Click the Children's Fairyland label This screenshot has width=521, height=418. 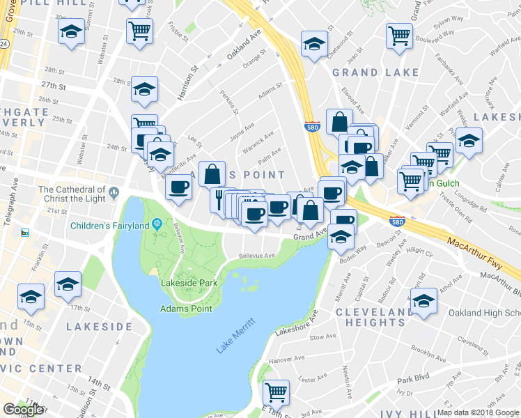110,225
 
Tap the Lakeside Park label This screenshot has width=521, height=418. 189,283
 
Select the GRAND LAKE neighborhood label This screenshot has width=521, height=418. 375,72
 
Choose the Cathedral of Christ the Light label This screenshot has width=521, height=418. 72,194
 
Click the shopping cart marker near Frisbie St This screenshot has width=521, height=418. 139,30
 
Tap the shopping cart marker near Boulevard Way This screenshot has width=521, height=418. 400,34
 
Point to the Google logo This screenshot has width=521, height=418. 23,410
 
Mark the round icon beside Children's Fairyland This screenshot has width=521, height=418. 157,224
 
